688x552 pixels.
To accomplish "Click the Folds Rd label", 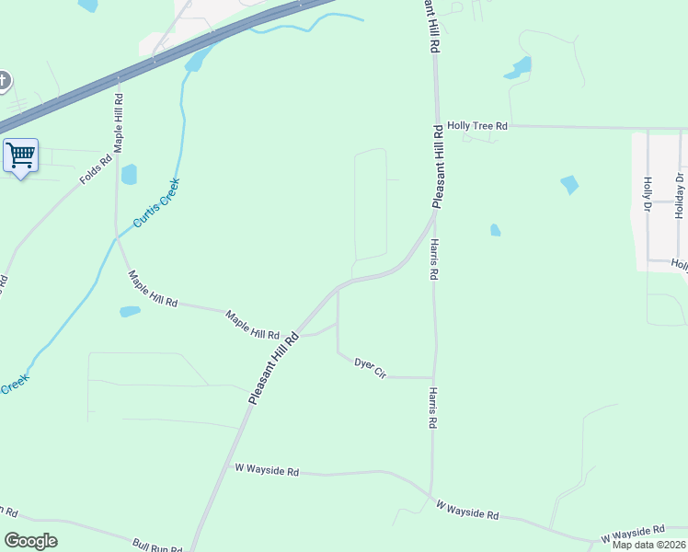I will click(96, 168).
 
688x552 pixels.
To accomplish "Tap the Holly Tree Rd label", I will click(477, 125).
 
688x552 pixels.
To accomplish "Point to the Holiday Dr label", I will click(680, 195).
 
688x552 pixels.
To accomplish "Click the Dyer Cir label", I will click(370, 367).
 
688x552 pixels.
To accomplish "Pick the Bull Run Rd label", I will click(157, 545).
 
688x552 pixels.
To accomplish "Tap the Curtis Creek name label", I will click(156, 202).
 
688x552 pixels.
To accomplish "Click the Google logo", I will click(30, 541).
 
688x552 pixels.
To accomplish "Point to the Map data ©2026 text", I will click(648, 545).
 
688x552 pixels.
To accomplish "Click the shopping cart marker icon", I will click(20, 155).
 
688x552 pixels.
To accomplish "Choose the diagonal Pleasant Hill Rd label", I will click(274, 366).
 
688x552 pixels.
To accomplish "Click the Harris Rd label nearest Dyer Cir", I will click(431, 408).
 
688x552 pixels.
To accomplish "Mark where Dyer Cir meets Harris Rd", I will click(432, 377).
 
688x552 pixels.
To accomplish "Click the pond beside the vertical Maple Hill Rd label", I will click(129, 174).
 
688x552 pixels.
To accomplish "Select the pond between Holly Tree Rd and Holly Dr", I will click(569, 185).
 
